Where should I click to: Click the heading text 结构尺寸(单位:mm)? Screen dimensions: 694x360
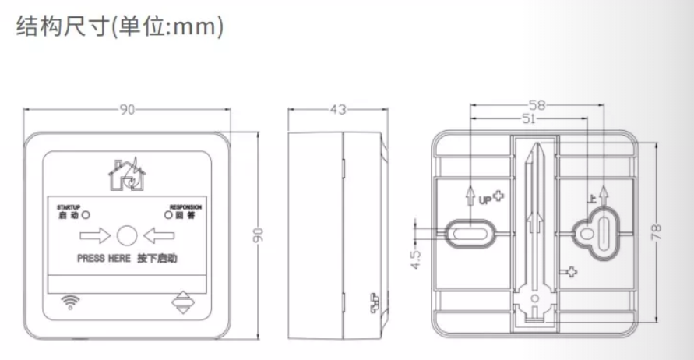click(x=120, y=26)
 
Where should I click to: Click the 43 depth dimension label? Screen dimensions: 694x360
click(x=338, y=109)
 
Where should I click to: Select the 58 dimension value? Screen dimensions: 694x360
click(x=537, y=105)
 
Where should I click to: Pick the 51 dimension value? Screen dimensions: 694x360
click(x=529, y=118)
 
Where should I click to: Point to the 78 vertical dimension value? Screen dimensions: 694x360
click(x=657, y=232)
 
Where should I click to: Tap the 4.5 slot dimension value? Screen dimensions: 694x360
click(x=416, y=259)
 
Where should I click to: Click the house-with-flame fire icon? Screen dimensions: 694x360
click(x=127, y=175)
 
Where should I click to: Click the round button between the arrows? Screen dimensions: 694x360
click(x=127, y=235)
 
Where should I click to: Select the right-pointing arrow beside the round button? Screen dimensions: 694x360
click(x=95, y=235)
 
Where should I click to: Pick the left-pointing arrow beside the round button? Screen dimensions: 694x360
click(x=159, y=235)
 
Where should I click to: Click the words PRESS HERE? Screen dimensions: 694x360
click(x=104, y=259)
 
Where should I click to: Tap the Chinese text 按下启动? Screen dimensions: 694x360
click(x=157, y=259)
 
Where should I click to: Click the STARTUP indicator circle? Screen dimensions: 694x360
click(x=86, y=215)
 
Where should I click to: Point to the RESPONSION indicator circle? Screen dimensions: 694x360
click(x=168, y=215)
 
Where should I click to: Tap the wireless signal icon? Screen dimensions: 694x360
click(x=70, y=302)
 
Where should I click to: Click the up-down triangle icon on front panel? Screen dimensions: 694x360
click(x=183, y=302)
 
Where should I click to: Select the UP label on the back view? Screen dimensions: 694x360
click(x=485, y=200)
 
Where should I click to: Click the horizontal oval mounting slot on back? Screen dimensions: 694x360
click(x=469, y=233)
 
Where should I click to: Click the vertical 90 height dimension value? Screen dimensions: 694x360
click(x=258, y=235)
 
